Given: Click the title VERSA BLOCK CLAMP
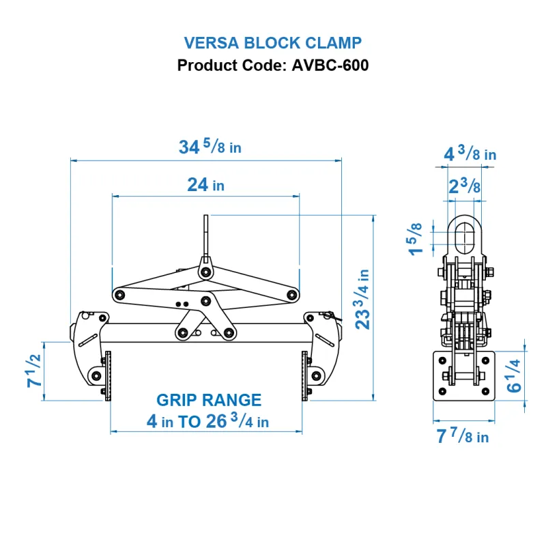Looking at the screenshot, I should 273,43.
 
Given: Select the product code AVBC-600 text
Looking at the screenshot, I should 273,66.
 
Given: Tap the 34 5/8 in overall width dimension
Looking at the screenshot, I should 210,147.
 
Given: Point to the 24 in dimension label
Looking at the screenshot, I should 205,184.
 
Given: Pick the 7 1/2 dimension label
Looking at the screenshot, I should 33,372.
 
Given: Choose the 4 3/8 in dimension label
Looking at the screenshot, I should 470,154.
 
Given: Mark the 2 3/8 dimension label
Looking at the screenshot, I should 465,186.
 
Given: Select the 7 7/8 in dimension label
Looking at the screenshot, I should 462,437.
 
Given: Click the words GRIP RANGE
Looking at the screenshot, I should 209,400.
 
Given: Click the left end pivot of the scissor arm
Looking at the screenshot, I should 119,295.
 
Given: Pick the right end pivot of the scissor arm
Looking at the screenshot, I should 292,295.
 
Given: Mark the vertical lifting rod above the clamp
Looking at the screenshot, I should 205,236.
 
